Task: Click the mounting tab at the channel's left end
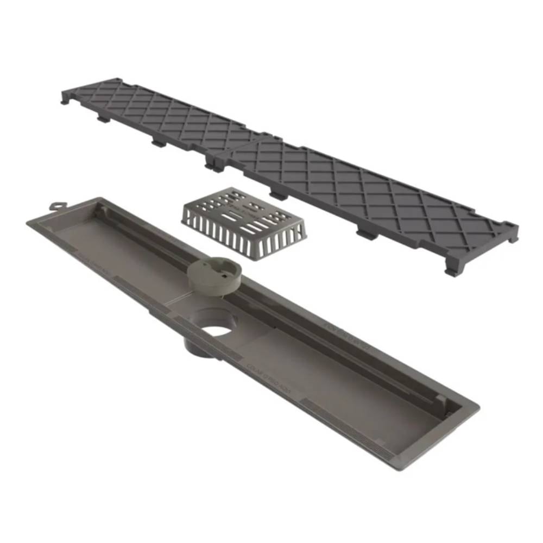click(56, 206)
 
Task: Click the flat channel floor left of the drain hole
click(125, 255)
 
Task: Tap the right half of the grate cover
click(369, 190)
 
